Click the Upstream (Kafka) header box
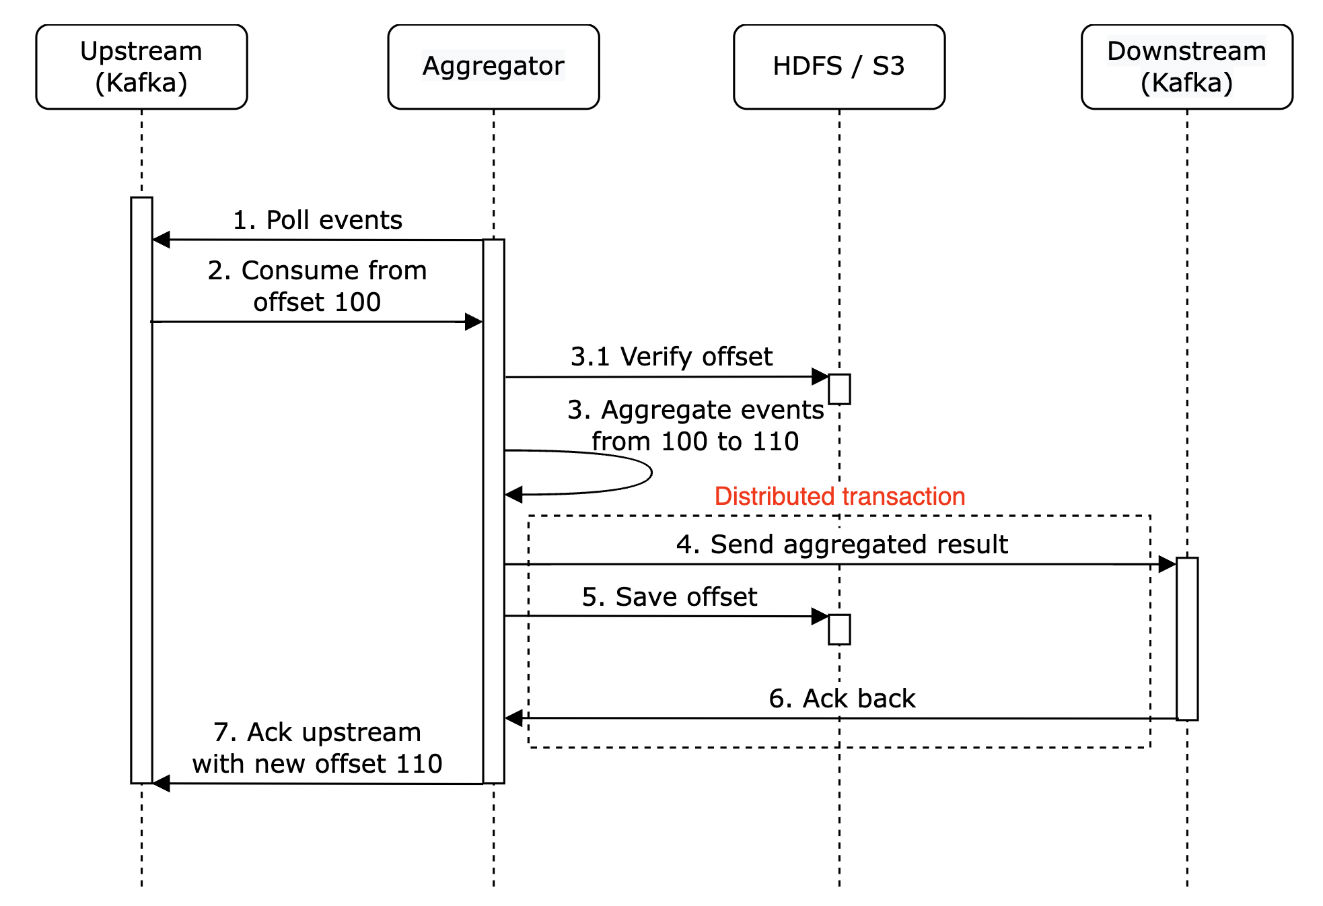click(141, 67)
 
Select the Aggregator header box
click(493, 67)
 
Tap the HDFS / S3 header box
click(838, 67)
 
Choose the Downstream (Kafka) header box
click(1186, 67)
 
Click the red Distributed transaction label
click(839, 496)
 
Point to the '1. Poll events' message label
click(317, 220)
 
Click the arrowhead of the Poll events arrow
click(161, 240)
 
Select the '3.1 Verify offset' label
click(671, 357)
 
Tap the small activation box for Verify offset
click(839, 389)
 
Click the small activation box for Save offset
click(839, 629)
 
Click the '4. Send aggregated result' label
click(842, 544)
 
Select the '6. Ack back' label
click(842, 699)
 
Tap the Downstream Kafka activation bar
click(1187, 638)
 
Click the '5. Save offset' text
click(669, 597)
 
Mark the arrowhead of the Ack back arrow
click(514, 718)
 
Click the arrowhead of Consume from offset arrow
click(474, 322)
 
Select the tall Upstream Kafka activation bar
click(141, 490)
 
